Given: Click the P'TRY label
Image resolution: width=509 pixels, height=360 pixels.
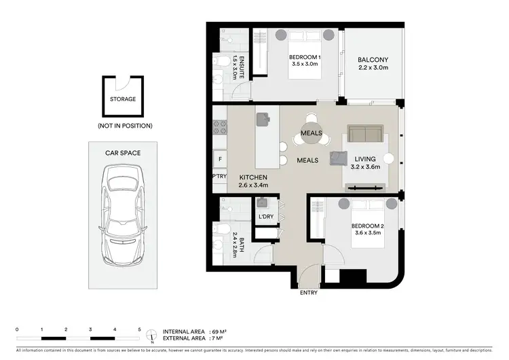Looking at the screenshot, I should coord(219,176).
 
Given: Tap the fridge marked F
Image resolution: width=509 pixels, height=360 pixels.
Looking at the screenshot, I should coord(219,159).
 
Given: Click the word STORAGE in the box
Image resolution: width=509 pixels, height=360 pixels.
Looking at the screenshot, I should coord(123,99).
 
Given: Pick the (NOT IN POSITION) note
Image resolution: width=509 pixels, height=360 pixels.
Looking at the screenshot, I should coord(123,126).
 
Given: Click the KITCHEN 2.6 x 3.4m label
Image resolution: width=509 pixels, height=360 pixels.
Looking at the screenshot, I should coord(254,181).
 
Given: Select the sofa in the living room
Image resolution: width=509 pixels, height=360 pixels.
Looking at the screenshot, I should coord(365,134).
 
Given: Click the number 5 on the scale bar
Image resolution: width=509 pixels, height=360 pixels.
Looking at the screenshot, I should coord(139,329).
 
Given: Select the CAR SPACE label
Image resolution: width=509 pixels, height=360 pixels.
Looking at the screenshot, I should coord(123,153).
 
